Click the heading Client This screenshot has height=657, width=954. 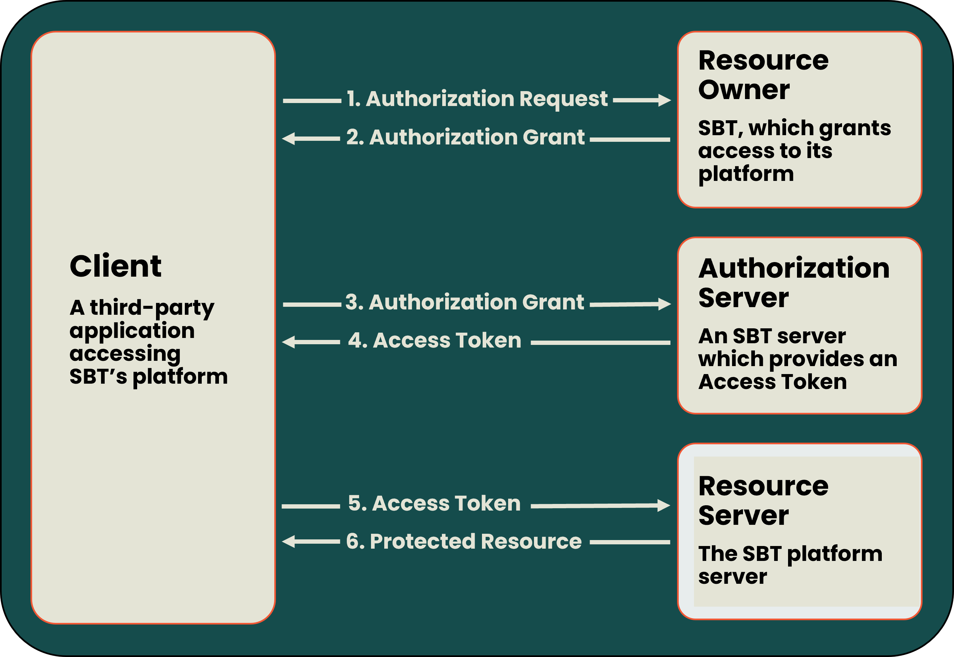115,266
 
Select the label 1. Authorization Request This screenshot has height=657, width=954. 477,99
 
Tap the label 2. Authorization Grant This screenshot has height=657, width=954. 465,137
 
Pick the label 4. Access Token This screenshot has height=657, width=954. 435,341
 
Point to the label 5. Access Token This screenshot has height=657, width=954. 435,504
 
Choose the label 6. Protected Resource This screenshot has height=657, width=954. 464,542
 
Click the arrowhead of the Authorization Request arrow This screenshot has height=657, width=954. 664,100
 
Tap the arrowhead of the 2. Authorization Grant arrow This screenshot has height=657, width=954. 289,138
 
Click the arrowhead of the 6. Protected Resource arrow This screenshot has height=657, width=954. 289,541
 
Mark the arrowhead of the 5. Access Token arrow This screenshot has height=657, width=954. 663,506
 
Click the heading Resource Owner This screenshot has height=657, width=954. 764,75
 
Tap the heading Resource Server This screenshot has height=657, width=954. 764,501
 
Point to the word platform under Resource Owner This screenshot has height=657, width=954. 746,174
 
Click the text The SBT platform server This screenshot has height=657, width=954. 790,565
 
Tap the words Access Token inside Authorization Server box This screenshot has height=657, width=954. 772,382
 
